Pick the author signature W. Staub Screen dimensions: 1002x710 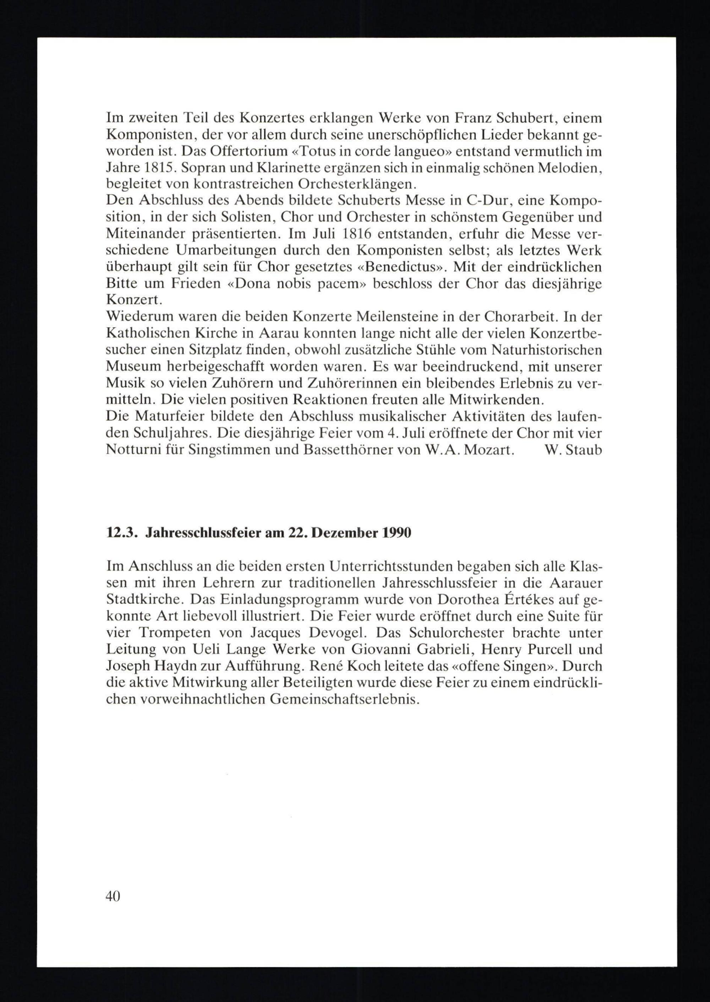tap(574, 450)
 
